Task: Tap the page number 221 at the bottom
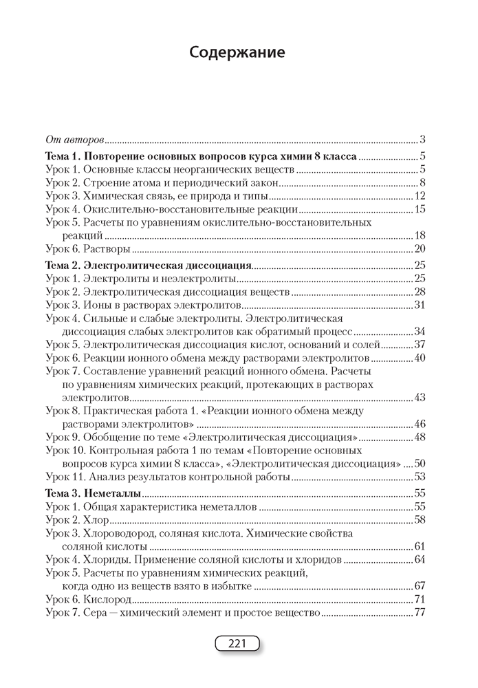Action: point(237,644)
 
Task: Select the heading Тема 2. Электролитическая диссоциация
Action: point(147,265)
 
